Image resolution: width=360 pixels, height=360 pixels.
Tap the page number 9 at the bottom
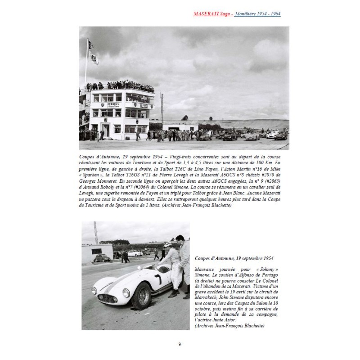[180, 344]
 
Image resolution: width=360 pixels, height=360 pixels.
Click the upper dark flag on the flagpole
[90, 44]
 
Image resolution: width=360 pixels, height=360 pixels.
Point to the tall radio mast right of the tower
[161, 108]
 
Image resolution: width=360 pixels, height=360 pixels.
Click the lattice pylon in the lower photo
[96, 233]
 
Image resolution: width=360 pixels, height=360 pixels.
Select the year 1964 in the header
[274, 14]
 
